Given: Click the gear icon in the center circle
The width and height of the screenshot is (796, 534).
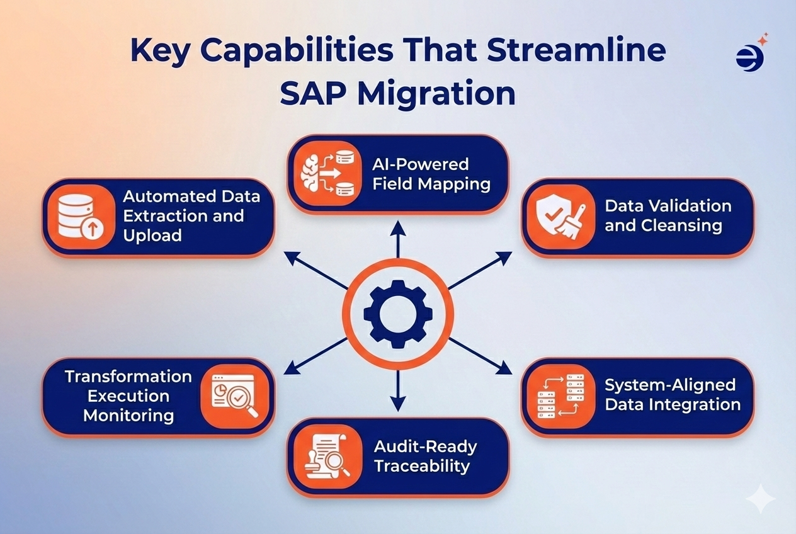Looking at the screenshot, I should coord(397,310).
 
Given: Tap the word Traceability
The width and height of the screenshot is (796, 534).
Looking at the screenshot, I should coord(422,466).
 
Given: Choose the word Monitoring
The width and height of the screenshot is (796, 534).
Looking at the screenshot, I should coord(128,416).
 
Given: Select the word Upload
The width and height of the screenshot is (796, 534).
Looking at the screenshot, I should coord(152,236).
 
